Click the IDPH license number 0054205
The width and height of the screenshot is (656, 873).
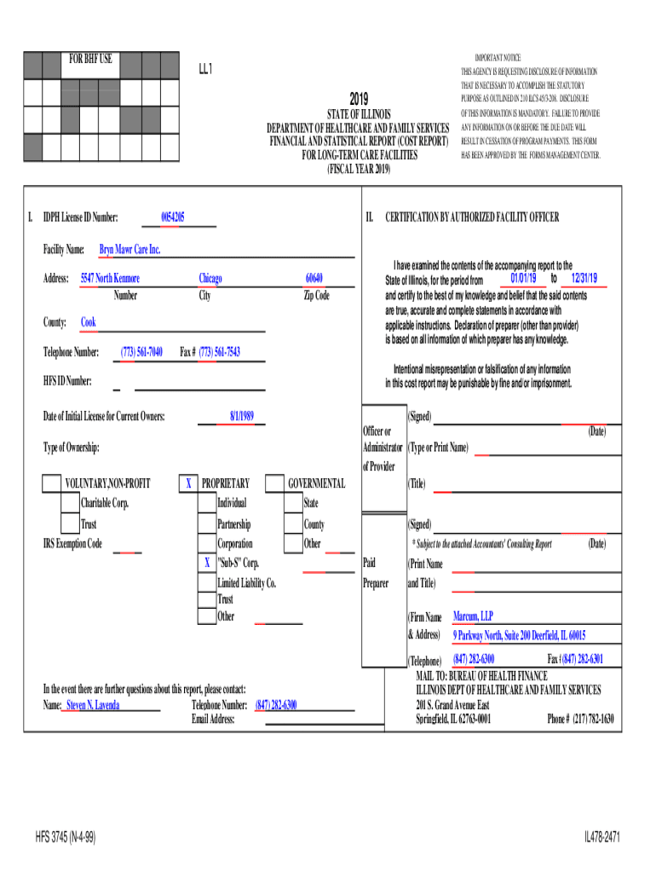[173, 217]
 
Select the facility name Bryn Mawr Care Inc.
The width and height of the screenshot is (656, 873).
[129, 250]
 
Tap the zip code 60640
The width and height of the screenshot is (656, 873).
[314, 279]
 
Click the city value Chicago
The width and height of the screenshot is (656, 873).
[210, 279]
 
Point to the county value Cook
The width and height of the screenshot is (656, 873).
[89, 322]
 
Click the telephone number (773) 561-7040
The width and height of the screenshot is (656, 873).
[141, 352]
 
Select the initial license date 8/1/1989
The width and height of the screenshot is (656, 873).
[242, 416]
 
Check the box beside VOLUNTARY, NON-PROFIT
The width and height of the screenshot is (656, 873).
[51, 484]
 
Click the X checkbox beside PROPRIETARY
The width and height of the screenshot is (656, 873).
[187, 484]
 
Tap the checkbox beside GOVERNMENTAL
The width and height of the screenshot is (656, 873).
[274, 484]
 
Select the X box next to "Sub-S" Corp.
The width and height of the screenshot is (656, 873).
[206, 563]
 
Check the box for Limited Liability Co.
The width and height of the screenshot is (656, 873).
[206, 582]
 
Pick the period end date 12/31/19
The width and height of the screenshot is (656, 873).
[584, 279]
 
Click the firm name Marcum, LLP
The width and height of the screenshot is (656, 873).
[473, 616]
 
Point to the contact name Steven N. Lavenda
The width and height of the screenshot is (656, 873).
[93, 705]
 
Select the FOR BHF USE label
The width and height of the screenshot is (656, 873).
[90, 60]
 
